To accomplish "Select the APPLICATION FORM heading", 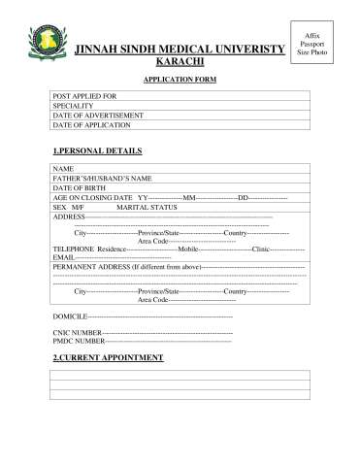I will point(180,81).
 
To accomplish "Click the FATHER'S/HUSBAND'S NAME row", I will point(180,179).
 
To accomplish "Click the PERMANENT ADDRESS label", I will point(91,266).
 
